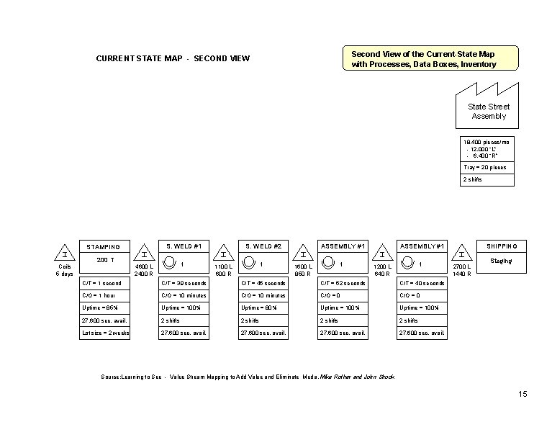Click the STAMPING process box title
click(104, 247)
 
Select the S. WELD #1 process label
click(184, 245)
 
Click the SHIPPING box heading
click(502, 245)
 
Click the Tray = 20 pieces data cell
click(486, 167)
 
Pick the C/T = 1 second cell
click(104, 283)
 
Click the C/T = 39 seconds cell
click(184, 283)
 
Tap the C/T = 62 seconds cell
click(343, 283)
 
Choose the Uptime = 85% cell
click(104, 307)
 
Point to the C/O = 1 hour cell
click(104, 295)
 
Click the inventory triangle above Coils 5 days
click(65, 255)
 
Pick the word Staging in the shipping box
click(501, 261)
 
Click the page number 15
click(522, 393)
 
